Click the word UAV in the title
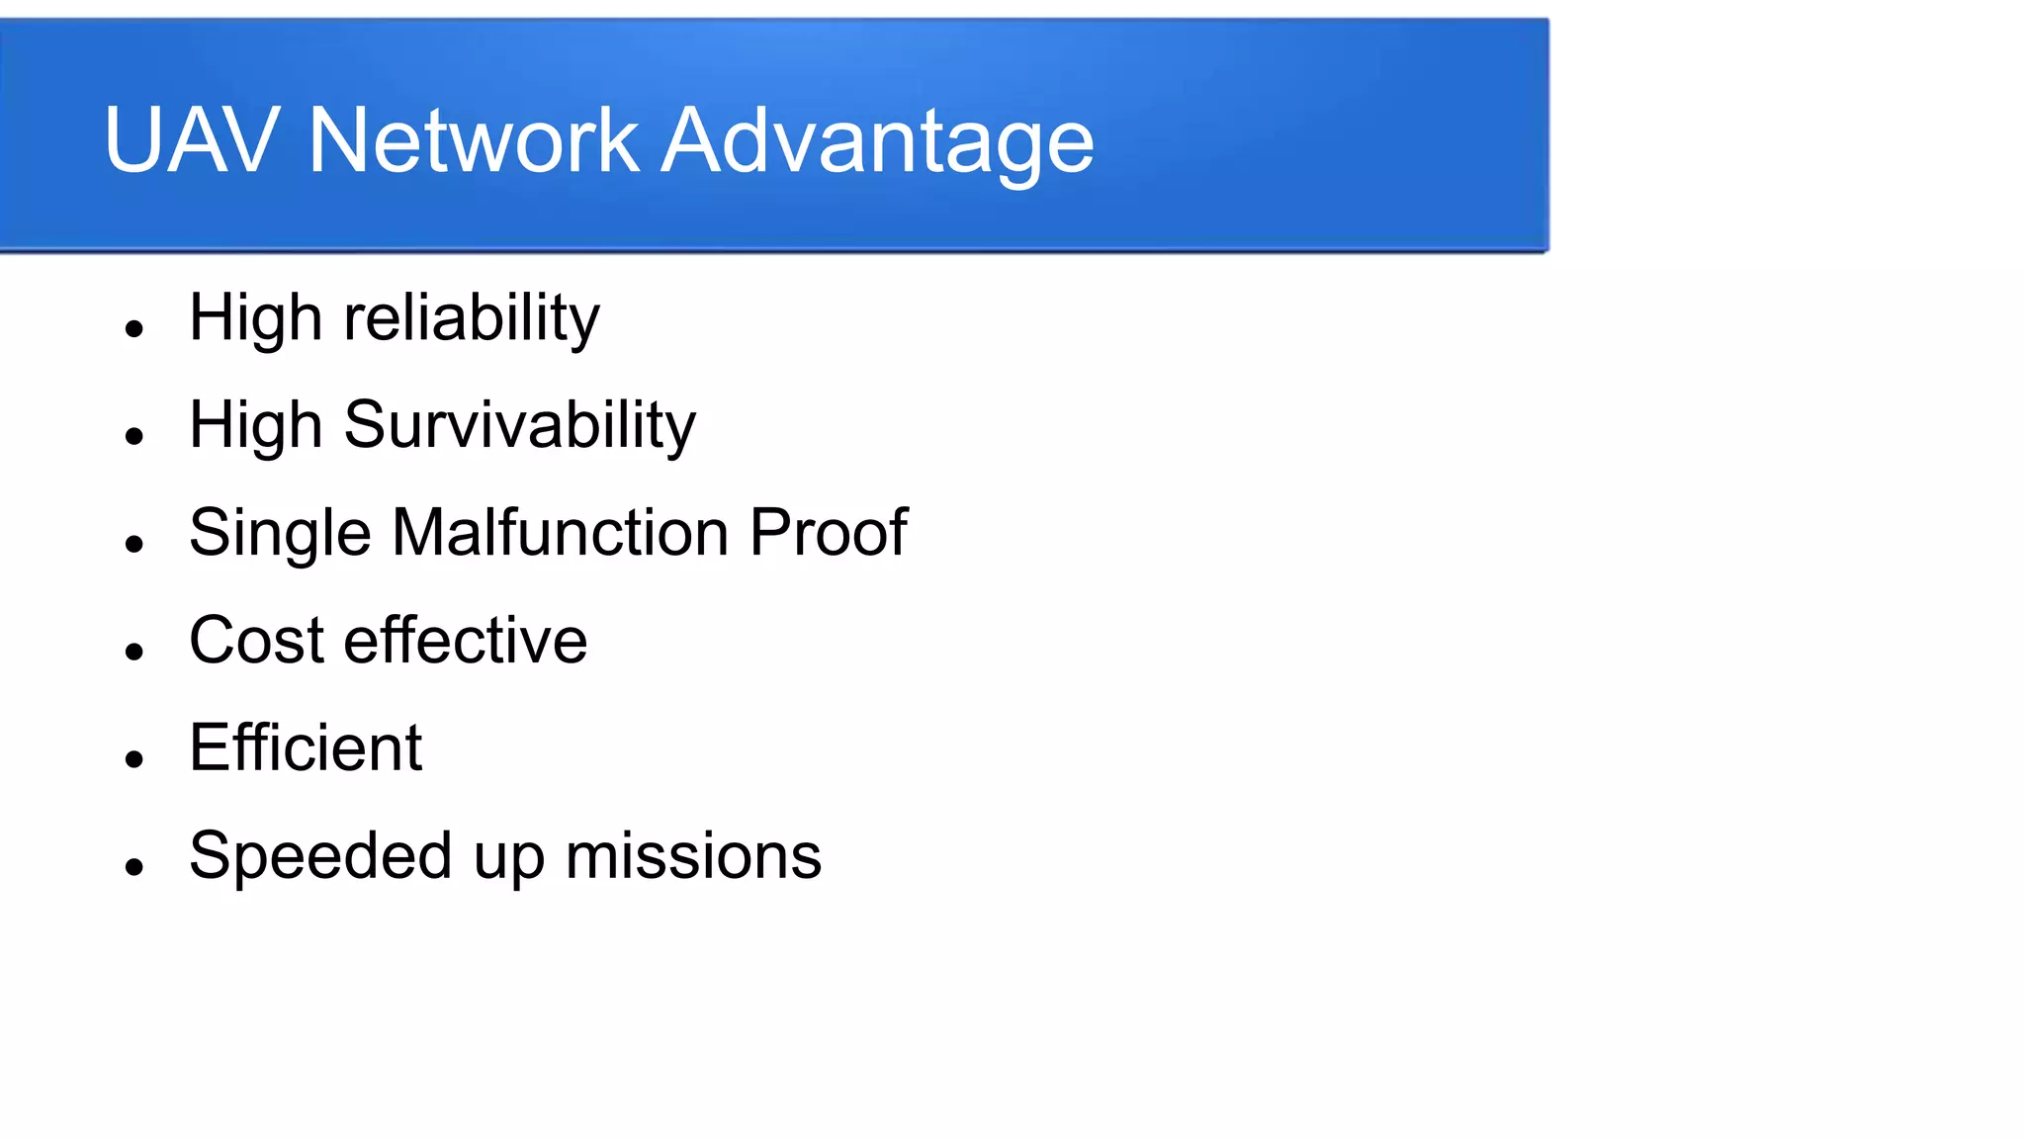(x=191, y=140)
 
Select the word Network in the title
(x=473, y=140)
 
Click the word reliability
(x=471, y=318)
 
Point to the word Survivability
(x=519, y=426)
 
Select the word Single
(x=280, y=534)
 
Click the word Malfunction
(x=561, y=532)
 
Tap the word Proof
(x=828, y=532)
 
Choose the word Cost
(x=256, y=640)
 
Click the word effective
(x=465, y=640)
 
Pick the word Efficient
(x=306, y=747)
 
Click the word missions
(x=693, y=856)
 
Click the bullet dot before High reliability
(x=135, y=328)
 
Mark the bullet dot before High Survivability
(x=135, y=436)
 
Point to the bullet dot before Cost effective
(x=135, y=652)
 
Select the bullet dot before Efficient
(x=135, y=759)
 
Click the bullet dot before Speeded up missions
(x=135, y=867)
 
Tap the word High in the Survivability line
(x=255, y=426)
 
